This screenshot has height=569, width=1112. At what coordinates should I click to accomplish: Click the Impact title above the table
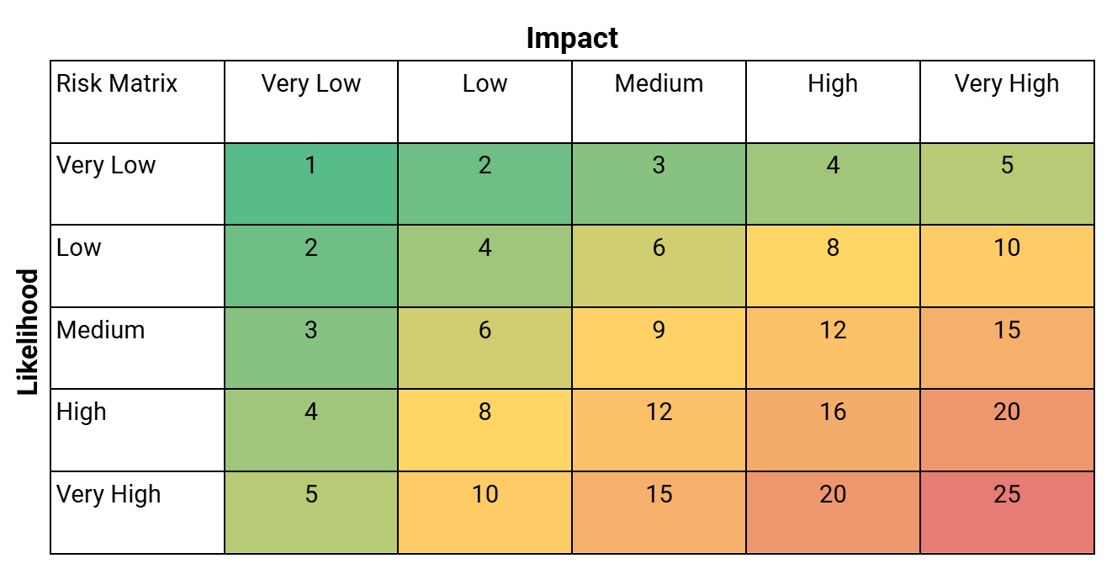tap(572, 38)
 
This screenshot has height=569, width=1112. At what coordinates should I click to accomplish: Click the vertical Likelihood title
tap(29, 332)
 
